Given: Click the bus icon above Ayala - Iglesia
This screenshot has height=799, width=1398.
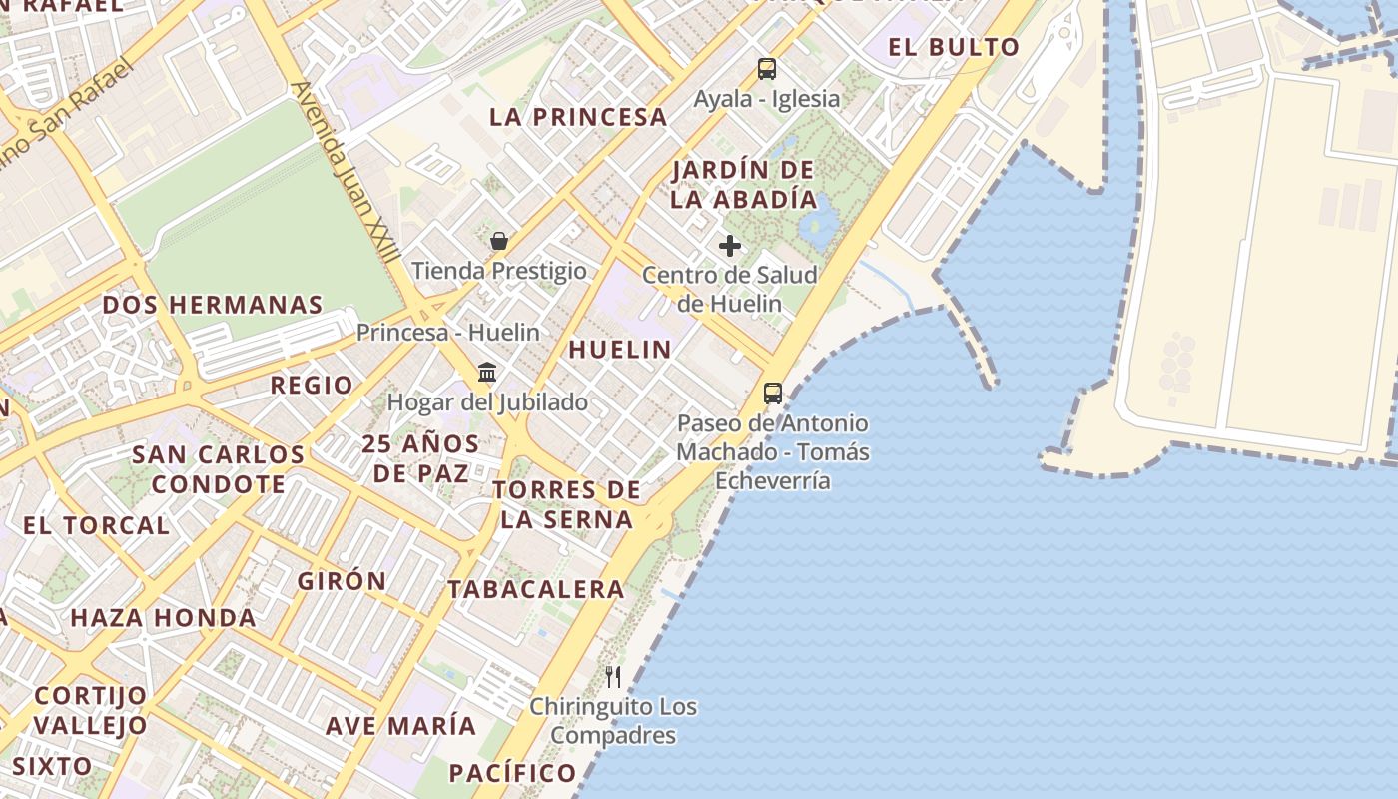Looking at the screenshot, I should (x=767, y=69).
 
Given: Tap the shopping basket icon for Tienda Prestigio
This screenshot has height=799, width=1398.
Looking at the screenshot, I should (x=499, y=241).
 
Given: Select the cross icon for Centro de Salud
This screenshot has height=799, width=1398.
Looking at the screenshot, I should (x=730, y=246).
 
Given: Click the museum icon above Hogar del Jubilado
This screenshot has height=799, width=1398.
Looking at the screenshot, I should (x=487, y=373).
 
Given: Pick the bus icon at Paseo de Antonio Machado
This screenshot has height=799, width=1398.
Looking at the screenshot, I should (x=773, y=394).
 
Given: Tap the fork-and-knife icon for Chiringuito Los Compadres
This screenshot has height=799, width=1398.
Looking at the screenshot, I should (x=613, y=677).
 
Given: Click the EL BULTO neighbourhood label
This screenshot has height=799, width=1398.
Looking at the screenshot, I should (x=954, y=47).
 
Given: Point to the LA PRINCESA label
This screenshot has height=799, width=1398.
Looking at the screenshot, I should (x=578, y=117).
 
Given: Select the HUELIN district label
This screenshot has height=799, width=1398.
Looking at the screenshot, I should (x=620, y=349).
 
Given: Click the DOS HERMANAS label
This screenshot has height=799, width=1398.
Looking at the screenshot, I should (x=213, y=305).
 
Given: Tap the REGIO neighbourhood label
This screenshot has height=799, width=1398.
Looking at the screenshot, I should (x=312, y=385).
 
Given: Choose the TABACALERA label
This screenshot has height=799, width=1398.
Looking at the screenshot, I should (x=536, y=589).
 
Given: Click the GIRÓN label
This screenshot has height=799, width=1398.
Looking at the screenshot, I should (x=342, y=580).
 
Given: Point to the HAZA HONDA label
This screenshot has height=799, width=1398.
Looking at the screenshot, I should (x=163, y=618).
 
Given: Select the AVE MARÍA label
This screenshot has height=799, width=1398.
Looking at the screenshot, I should (x=401, y=725).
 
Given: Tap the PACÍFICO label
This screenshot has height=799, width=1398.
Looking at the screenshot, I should (x=513, y=772).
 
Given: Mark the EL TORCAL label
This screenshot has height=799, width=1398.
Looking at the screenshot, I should (x=96, y=525).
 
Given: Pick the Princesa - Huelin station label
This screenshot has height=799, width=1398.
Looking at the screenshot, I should (x=448, y=333).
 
